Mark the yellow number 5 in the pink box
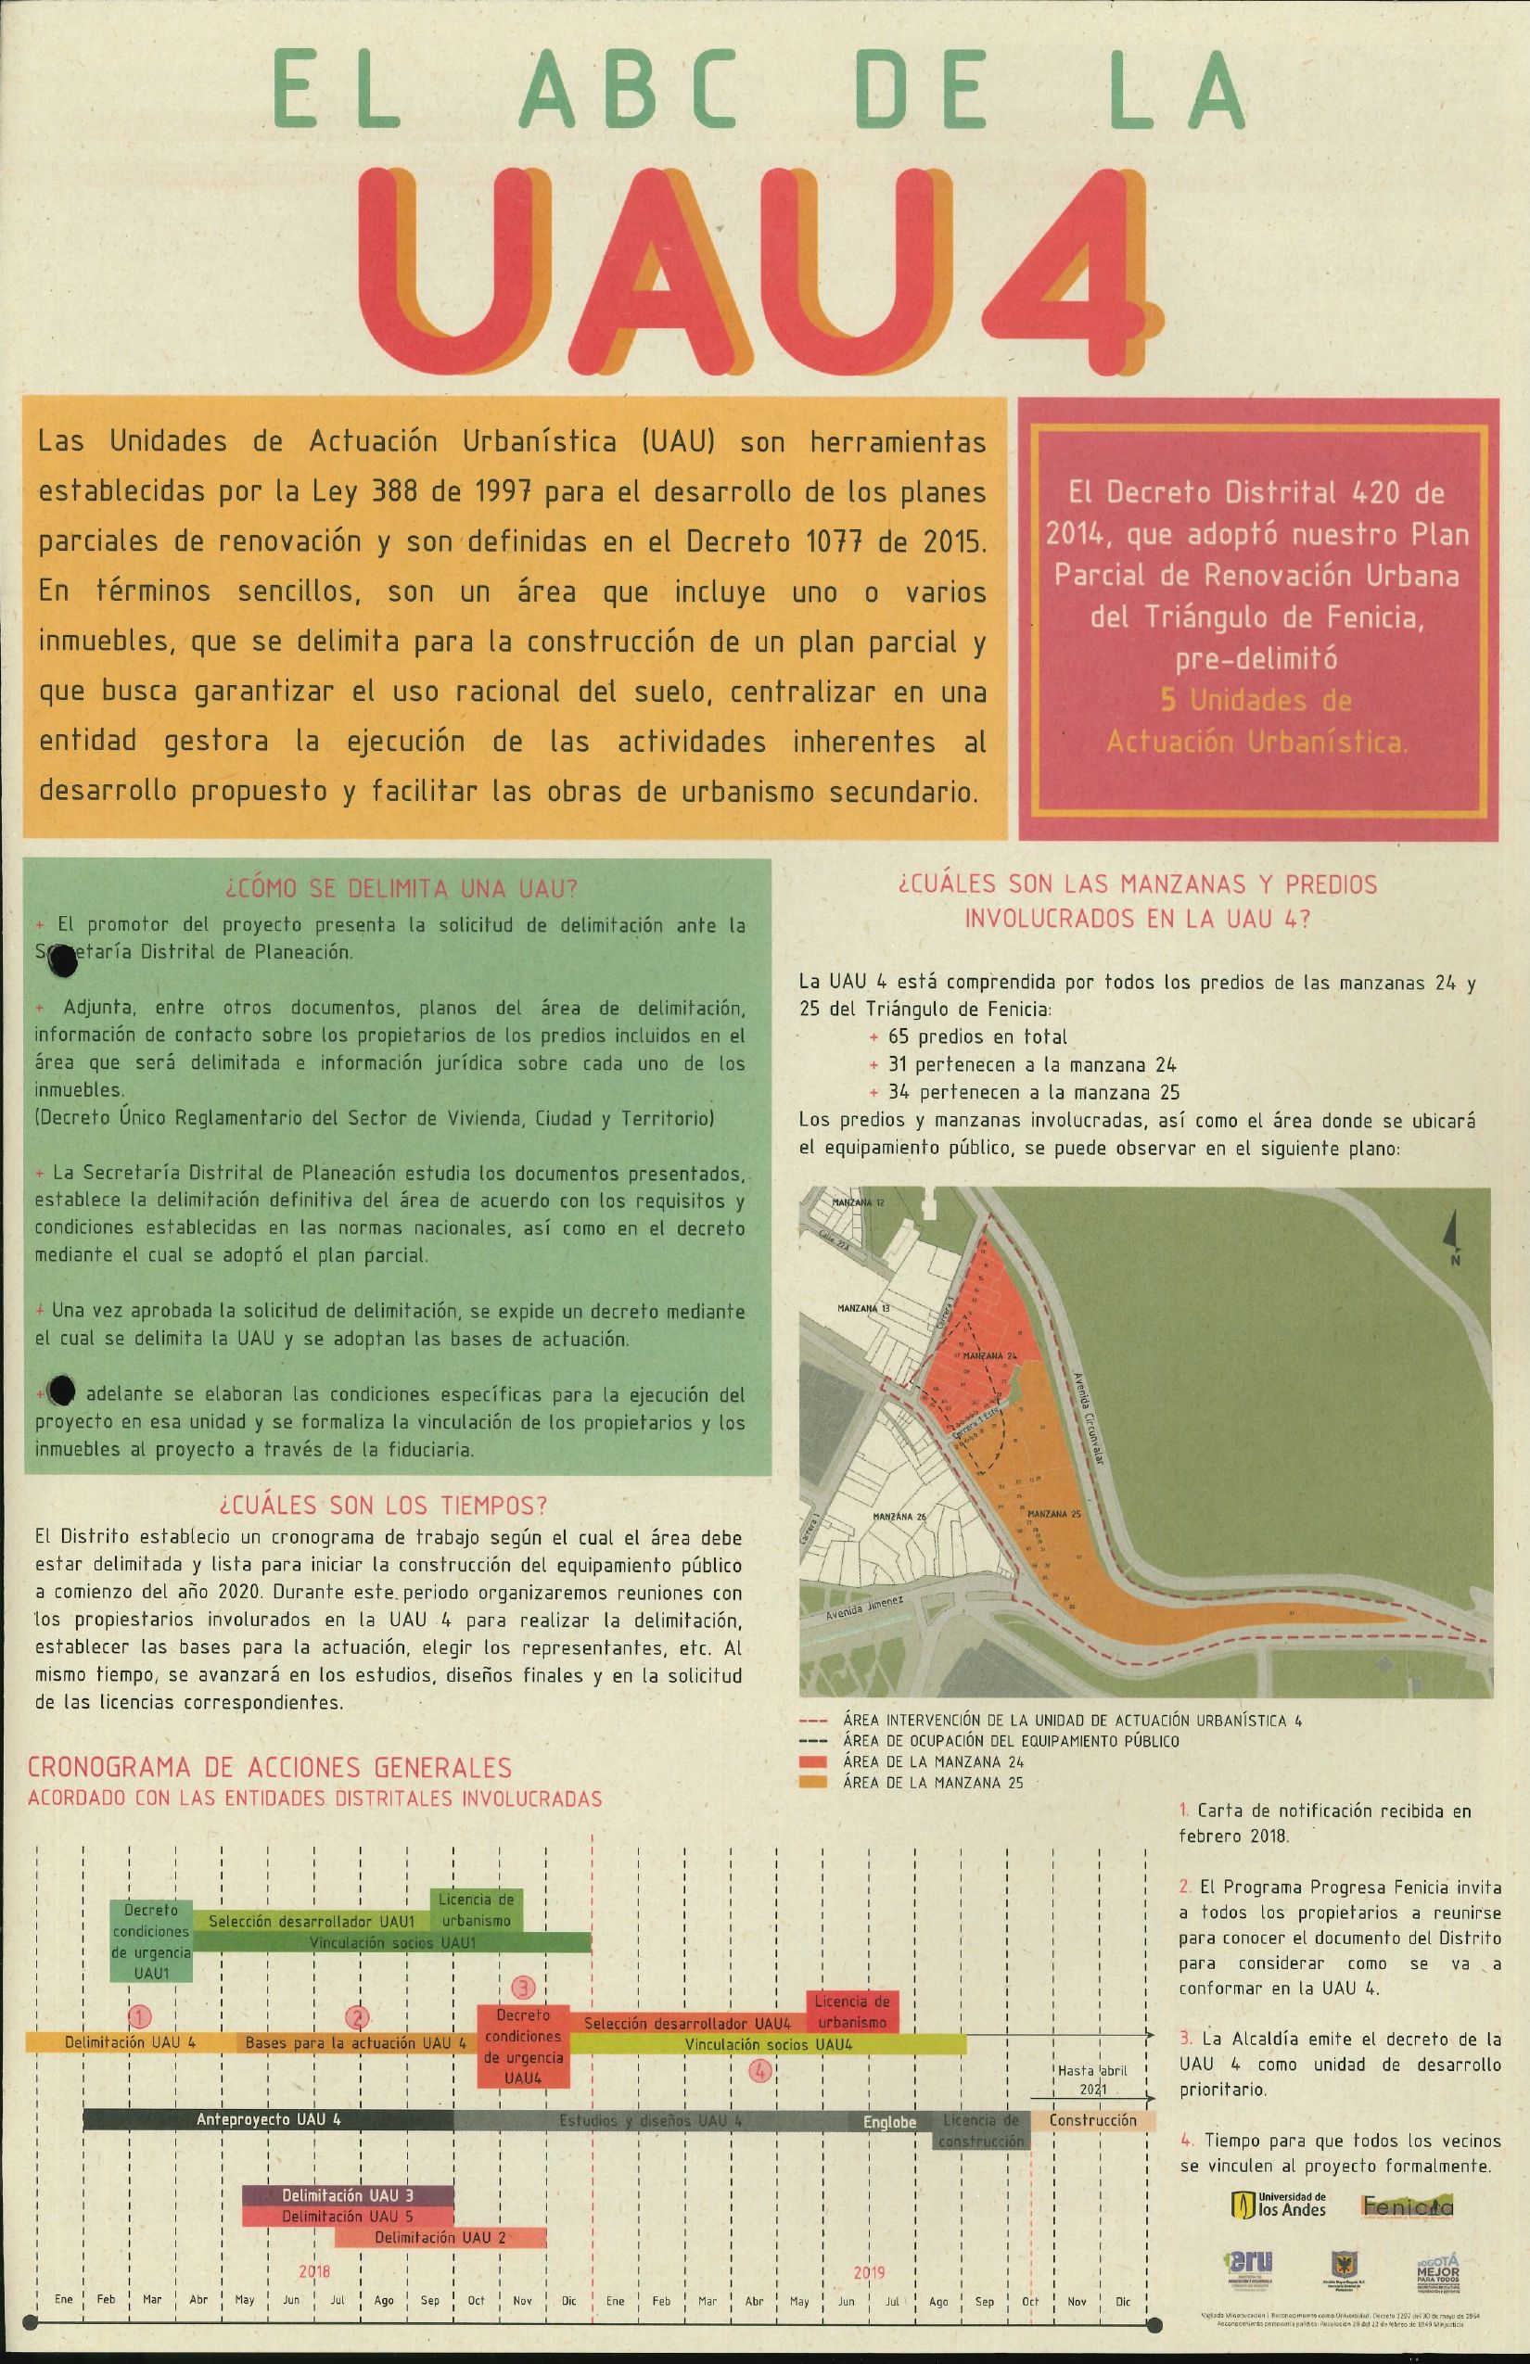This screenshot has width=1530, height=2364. click(x=1169, y=699)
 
